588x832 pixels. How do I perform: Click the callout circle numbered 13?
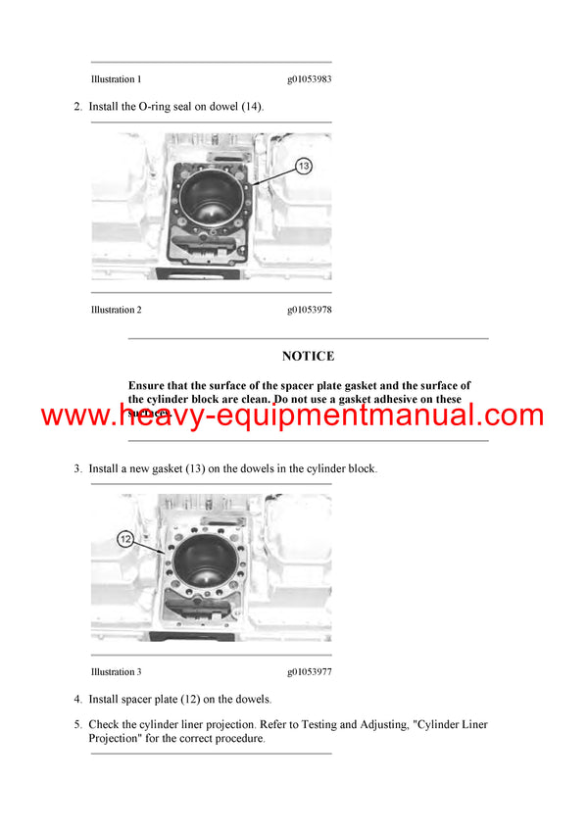(304, 167)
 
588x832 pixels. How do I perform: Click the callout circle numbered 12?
(125, 538)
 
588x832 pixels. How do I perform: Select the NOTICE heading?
(308, 356)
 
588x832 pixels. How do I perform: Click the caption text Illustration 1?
(116, 78)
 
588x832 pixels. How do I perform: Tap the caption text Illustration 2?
(116, 310)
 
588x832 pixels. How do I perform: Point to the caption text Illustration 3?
(116, 672)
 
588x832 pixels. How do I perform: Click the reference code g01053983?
(309, 78)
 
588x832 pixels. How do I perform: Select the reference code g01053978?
(309, 310)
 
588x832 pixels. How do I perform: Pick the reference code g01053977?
(309, 672)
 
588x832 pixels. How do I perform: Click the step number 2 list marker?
(77, 106)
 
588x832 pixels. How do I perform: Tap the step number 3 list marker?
(77, 469)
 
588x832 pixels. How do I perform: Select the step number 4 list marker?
(77, 700)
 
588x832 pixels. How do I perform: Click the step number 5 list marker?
(77, 725)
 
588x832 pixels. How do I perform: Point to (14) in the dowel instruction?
(252, 106)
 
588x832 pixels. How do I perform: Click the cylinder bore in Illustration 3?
(211, 557)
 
